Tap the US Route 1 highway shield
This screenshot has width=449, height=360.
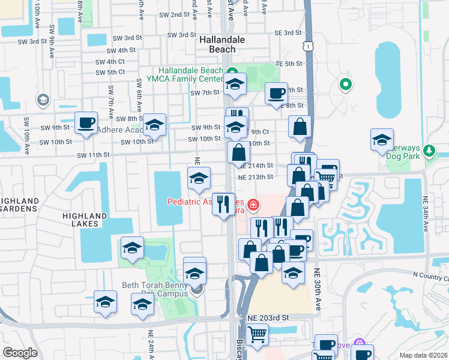click(307, 46)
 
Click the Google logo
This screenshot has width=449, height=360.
click(20, 353)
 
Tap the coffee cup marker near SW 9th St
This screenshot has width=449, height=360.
click(86, 123)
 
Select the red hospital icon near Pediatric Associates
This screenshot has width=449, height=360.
click(253, 205)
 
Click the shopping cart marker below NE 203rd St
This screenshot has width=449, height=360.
click(257, 334)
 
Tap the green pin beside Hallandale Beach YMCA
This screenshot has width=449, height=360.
click(232, 71)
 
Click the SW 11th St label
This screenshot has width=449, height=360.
click(93, 155)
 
